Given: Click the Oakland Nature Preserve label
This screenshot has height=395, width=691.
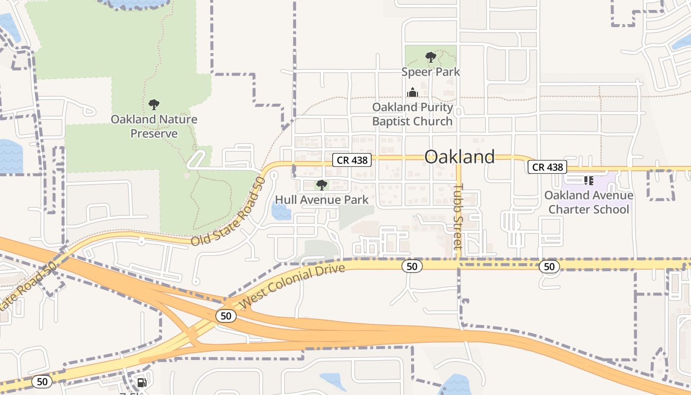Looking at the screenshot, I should tap(154, 126).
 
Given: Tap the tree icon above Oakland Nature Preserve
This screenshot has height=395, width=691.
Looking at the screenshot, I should tap(154, 104).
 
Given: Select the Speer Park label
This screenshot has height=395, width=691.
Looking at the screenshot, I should tap(430, 72).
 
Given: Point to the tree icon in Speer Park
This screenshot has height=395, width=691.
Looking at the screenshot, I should tap(430, 57).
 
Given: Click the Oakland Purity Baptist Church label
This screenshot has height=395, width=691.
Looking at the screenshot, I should tap(412, 114).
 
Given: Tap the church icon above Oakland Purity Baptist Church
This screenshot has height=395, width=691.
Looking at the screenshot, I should tap(412, 92).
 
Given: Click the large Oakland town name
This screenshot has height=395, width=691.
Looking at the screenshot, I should tap(460, 157).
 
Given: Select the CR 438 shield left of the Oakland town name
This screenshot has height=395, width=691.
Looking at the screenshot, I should tap(351, 159).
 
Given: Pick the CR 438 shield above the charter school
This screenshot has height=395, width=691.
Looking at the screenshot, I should tap(547, 167).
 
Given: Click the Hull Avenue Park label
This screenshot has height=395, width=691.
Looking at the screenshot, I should tap(322, 199).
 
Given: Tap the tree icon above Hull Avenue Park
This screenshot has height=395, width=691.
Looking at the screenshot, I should tap(322, 185).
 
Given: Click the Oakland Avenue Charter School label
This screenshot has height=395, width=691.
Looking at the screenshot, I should tap(588, 202).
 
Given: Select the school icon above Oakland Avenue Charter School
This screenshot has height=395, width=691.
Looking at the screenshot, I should tap(588, 181).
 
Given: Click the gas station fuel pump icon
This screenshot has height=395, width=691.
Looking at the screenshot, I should tap(142, 382).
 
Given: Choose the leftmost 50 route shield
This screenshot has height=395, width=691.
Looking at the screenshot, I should tap(42, 381).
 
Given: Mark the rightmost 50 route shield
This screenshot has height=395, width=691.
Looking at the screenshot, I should tap(549, 267).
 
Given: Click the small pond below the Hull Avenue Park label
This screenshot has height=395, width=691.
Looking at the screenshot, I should tap(281, 211).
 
